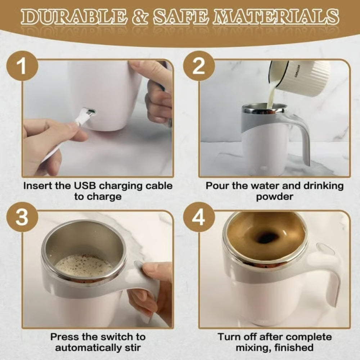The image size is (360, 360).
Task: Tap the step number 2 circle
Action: pyautogui.click(x=198, y=67)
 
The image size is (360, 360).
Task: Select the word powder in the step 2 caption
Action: pyautogui.click(x=275, y=197)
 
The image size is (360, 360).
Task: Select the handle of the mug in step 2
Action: pyautogui.click(x=302, y=137)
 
